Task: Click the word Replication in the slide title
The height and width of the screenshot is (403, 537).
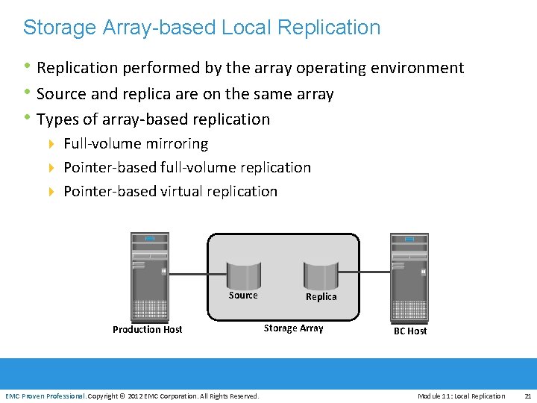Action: tap(328, 28)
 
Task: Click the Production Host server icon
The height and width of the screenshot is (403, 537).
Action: tap(149, 275)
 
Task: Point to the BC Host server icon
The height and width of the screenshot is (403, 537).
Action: tap(409, 275)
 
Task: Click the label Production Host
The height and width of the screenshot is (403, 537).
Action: tap(147, 329)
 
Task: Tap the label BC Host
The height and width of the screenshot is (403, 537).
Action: tap(410, 331)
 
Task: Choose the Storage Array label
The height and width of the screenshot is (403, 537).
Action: tap(293, 328)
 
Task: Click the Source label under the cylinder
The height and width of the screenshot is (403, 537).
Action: tap(243, 296)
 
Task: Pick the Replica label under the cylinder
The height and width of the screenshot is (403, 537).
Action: tap(321, 297)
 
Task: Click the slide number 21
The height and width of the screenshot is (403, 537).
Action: tap(527, 396)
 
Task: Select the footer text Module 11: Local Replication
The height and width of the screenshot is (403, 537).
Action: tap(461, 396)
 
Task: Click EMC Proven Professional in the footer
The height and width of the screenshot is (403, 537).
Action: tap(45, 396)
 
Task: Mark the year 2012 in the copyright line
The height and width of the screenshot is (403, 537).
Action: tap(135, 396)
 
